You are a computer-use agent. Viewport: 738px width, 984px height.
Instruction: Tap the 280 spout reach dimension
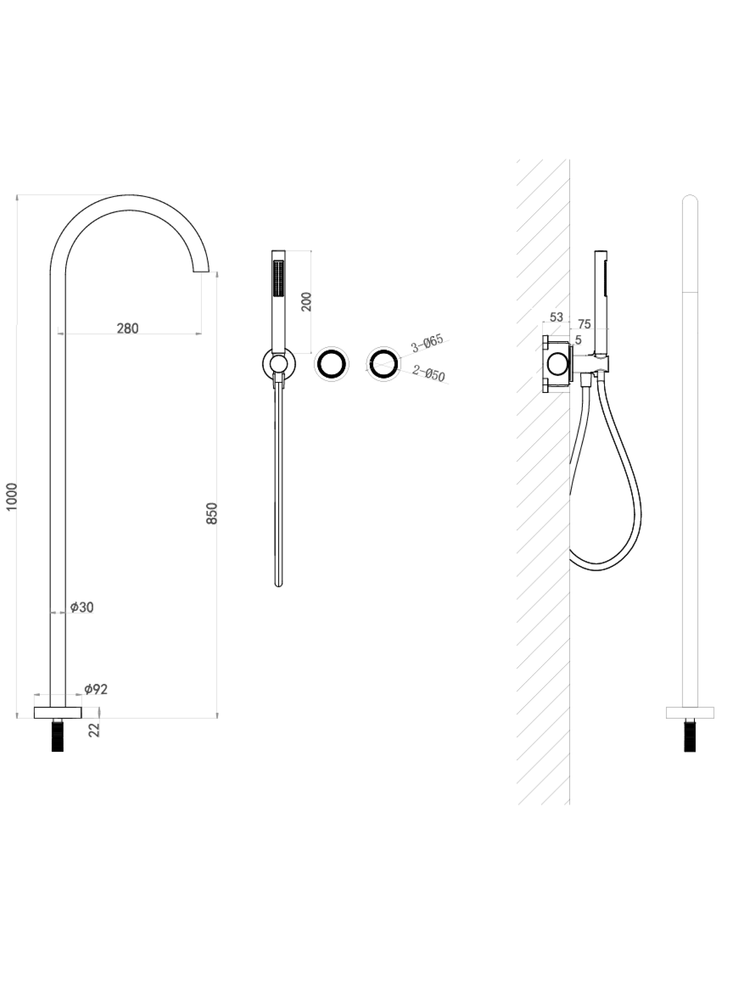click(x=128, y=328)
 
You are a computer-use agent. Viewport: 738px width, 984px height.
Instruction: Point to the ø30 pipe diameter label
click(x=82, y=607)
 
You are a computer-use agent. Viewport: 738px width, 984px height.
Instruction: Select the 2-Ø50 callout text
click(x=429, y=373)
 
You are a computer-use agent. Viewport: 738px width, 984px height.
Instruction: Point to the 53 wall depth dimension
click(x=556, y=317)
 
